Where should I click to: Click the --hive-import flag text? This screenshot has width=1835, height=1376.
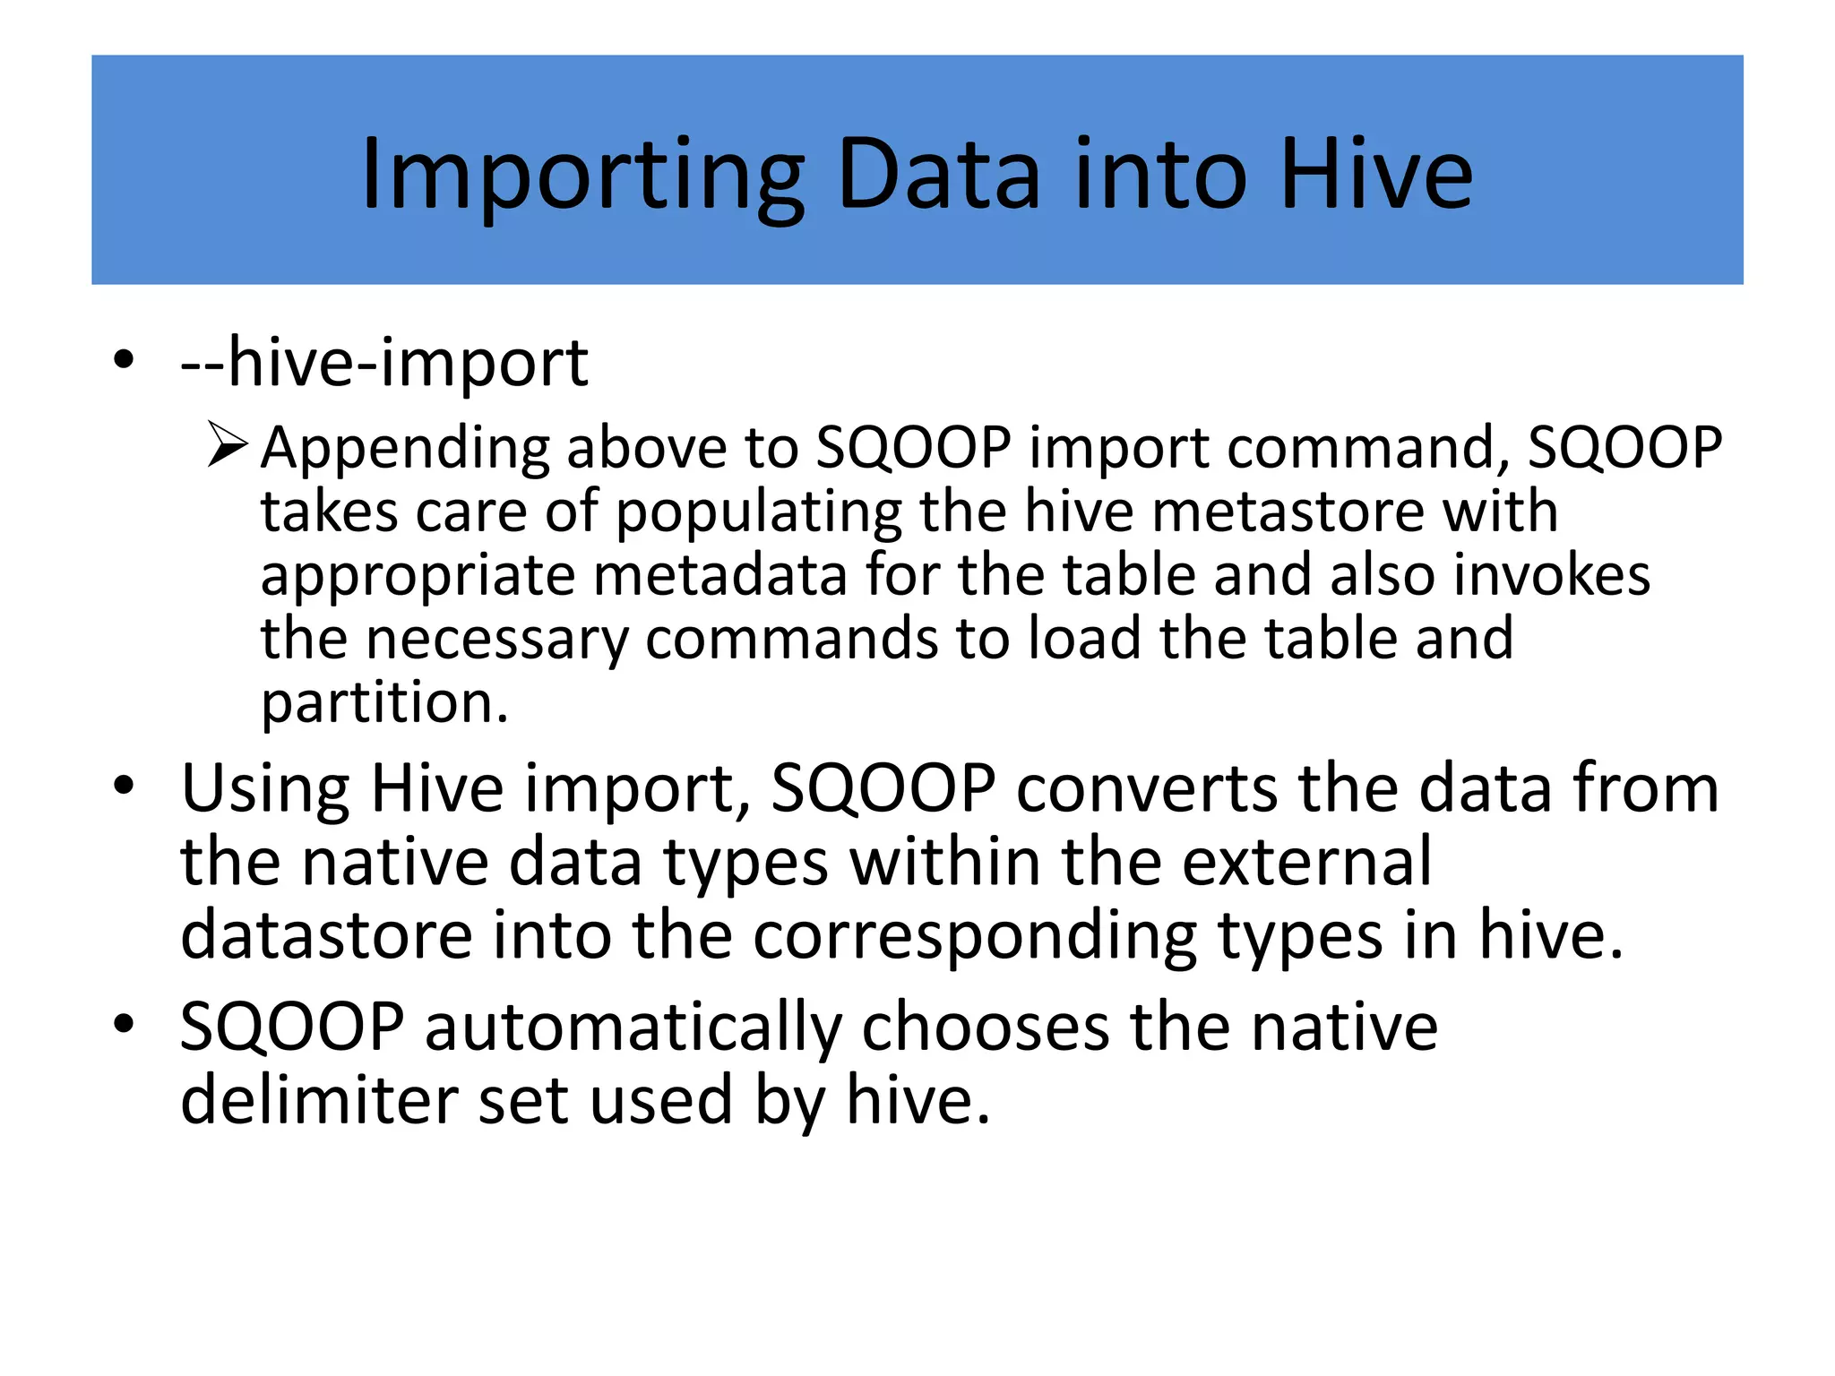pyautogui.click(x=384, y=364)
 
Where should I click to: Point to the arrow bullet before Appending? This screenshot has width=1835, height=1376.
pyautogui.click(x=226, y=444)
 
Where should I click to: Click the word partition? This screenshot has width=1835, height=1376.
pyautogui.click(x=383, y=703)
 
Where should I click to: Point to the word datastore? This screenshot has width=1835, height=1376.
pyautogui.click(x=326, y=935)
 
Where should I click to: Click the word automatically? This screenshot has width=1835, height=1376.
pyautogui.click(x=633, y=1028)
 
